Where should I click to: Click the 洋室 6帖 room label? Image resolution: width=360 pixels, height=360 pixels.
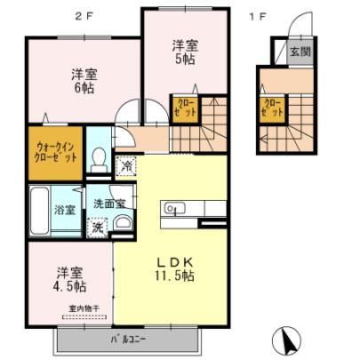tap(84, 81)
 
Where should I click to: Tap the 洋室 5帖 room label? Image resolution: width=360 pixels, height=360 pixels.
tap(186, 52)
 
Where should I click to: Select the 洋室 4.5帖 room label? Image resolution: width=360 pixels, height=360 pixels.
tap(70, 279)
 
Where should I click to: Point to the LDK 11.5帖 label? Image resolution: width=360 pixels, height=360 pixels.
tap(175, 269)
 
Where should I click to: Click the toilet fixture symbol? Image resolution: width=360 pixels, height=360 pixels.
tap(99, 160)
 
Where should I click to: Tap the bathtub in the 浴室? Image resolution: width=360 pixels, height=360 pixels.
tap(39, 211)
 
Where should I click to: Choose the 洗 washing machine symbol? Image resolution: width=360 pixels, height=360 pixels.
tap(97, 228)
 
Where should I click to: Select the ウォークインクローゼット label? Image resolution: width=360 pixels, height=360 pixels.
tap(56, 153)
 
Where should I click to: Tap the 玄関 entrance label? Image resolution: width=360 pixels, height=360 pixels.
tap(300, 52)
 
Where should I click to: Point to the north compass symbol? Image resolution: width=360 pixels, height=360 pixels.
tap(286, 340)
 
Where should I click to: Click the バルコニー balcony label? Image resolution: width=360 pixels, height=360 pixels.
tap(128, 340)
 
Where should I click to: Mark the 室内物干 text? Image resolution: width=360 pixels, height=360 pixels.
tap(84, 309)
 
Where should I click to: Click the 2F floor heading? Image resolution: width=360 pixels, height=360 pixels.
tap(84, 17)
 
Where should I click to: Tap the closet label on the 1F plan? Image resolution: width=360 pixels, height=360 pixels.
tap(273, 108)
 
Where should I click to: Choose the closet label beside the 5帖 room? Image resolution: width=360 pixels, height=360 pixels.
tap(186, 108)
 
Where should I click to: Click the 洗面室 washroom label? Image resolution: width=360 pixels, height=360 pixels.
tap(109, 204)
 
